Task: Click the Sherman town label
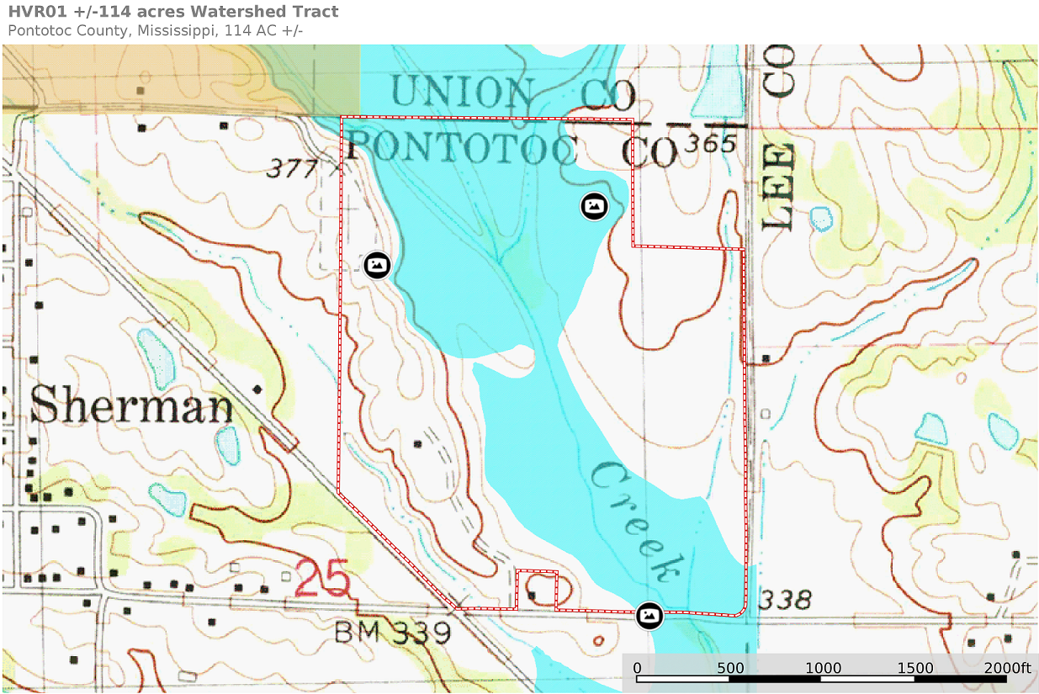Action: tap(131, 407)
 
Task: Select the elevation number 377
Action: tap(293, 169)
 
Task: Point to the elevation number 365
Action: tap(711, 145)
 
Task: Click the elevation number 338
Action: tap(785, 600)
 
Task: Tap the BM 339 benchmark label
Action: tap(393, 632)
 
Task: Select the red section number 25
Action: tap(322, 580)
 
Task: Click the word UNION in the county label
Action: tap(464, 93)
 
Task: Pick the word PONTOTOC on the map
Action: tap(462, 148)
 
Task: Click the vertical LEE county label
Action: tap(778, 187)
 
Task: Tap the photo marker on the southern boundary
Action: tap(649, 616)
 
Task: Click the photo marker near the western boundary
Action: tap(378, 265)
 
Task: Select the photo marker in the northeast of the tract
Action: tap(594, 205)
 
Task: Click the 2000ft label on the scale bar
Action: tap(1008, 668)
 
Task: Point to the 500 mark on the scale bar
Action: tap(730, 668)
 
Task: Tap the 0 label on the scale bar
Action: tap(637, 668)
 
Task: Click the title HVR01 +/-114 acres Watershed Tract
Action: tap(173, 12)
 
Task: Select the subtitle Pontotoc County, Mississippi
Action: tap(155, 31)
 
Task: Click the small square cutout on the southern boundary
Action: tap(536, 589)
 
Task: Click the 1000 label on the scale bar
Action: tap(823, 668)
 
